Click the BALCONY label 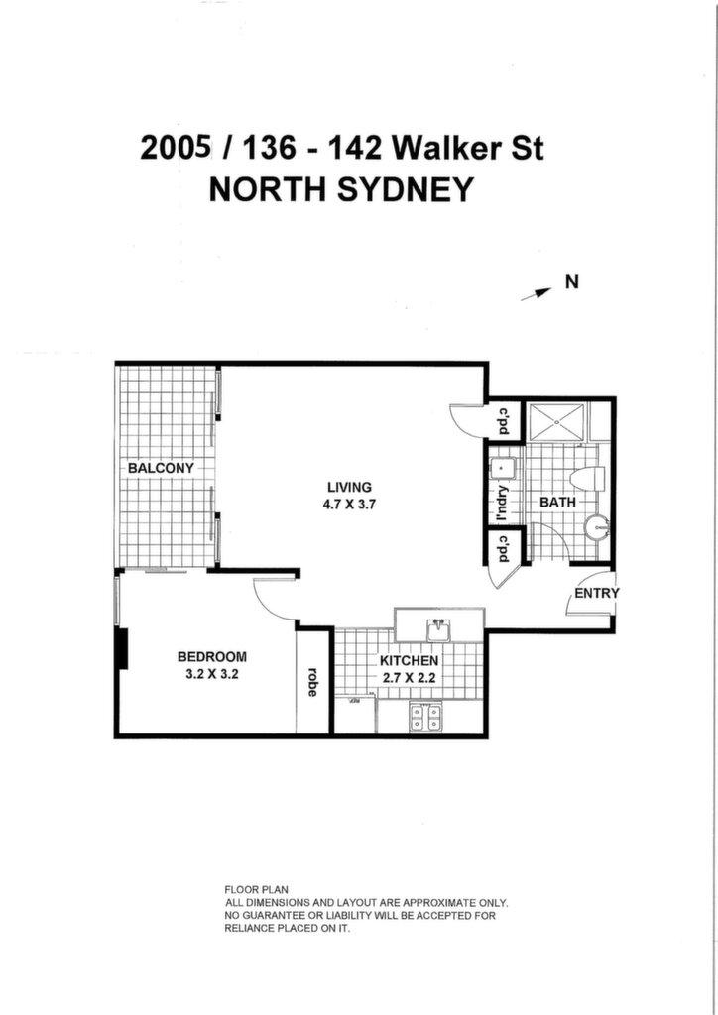click(161, 468)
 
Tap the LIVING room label click(350, 488)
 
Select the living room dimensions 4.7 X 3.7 click(350, 505)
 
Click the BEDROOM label click(211, 657)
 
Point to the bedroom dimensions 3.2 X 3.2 click(212, 674)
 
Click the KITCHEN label click(410, 661)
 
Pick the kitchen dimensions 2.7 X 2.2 click(410, 678)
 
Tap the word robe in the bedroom click(312, 682)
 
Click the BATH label click(557, 502)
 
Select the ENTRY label click(597, 593)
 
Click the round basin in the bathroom click(596, 527)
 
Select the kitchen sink click(439, 630)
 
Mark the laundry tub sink click(503, 468)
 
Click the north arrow click(537, 294)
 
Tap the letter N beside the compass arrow click(571, 282)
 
